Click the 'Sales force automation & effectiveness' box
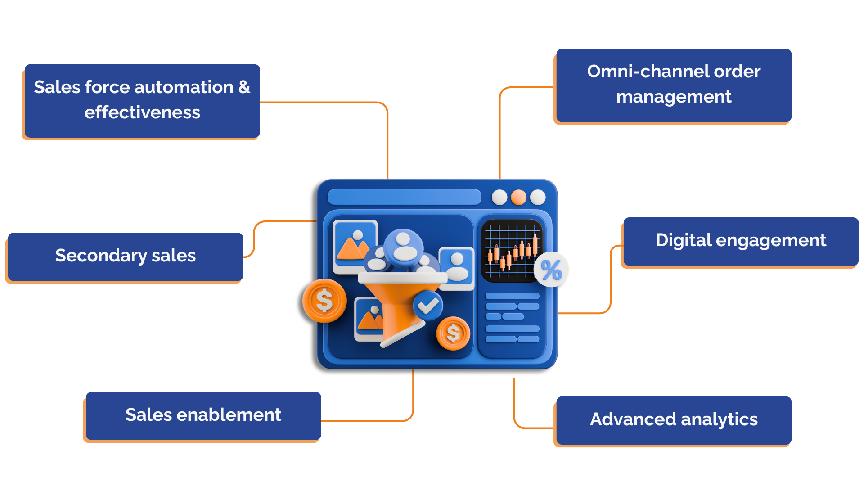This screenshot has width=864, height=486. pyautogui.click(x=142, y=101)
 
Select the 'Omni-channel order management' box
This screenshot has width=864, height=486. pyautogui.click(x=673, y=85)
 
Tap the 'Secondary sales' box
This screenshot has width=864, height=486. pyautogui.click(x=125, y=256)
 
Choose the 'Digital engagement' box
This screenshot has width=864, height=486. pyautogui.click(x=740, y=241)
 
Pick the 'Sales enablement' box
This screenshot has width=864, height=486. pyautogui.click(x=203, y=415)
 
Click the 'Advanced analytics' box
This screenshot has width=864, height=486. pyautogui.click(x=673, y=420)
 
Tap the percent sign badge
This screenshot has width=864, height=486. pyautogui.click(x=551, y=270)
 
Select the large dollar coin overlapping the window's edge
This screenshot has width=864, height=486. pyautogui.click(x=324, y=301)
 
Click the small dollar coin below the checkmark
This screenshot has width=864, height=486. pyautogui.click(x=453, y=333)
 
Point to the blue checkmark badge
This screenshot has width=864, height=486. pyautogui.click(x=427, y=306)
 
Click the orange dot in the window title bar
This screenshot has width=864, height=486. pyautogui.click(x=518, y=197)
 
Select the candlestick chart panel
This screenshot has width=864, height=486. pyautogui.click(x=512, y=250)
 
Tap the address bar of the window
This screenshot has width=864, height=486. pyautogui.click(x=404, y=197)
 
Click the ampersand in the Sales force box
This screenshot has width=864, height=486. pyautogui.click(x=244, y=87)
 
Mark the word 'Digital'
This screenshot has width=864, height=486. pyautogui.click(x=683, y=240)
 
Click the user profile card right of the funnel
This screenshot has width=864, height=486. pyautogui.click(x=456, y=267)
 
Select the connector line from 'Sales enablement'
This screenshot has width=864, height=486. pyautogui.click(x=412, y=405)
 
